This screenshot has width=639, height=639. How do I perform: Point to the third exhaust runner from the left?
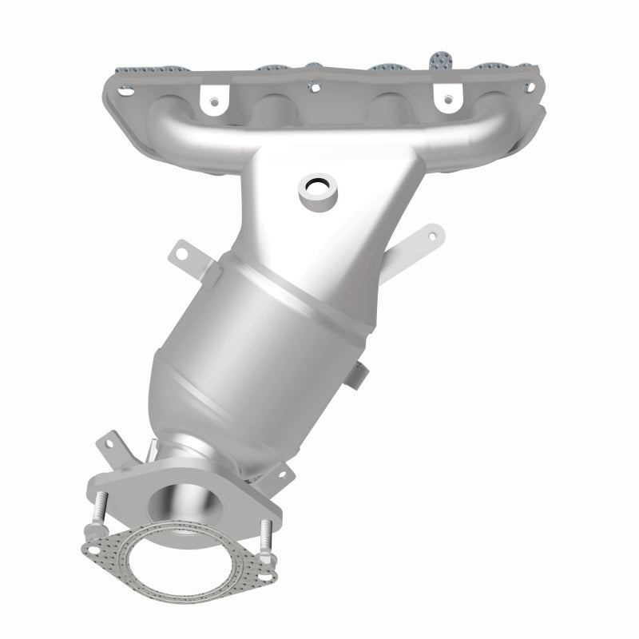(387, 105)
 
